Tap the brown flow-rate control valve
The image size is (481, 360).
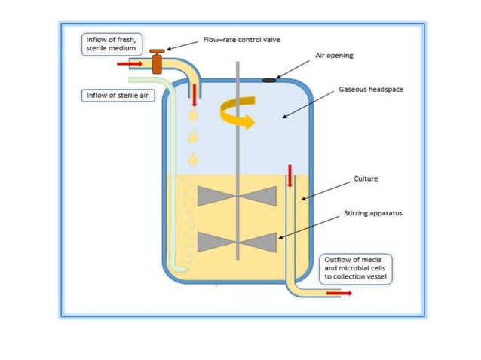tap(157, 60)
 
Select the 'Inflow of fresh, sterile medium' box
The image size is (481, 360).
tap(110, 44)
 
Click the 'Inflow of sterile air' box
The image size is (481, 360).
tap(113, 96)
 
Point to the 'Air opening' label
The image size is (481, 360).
tap(333, 56)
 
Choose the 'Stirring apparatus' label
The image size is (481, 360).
tap(373, 213)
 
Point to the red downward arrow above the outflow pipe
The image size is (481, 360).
tap(288, 177)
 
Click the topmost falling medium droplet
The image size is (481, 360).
tap(194, 114)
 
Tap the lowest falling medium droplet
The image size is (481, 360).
tap(194, 159)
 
